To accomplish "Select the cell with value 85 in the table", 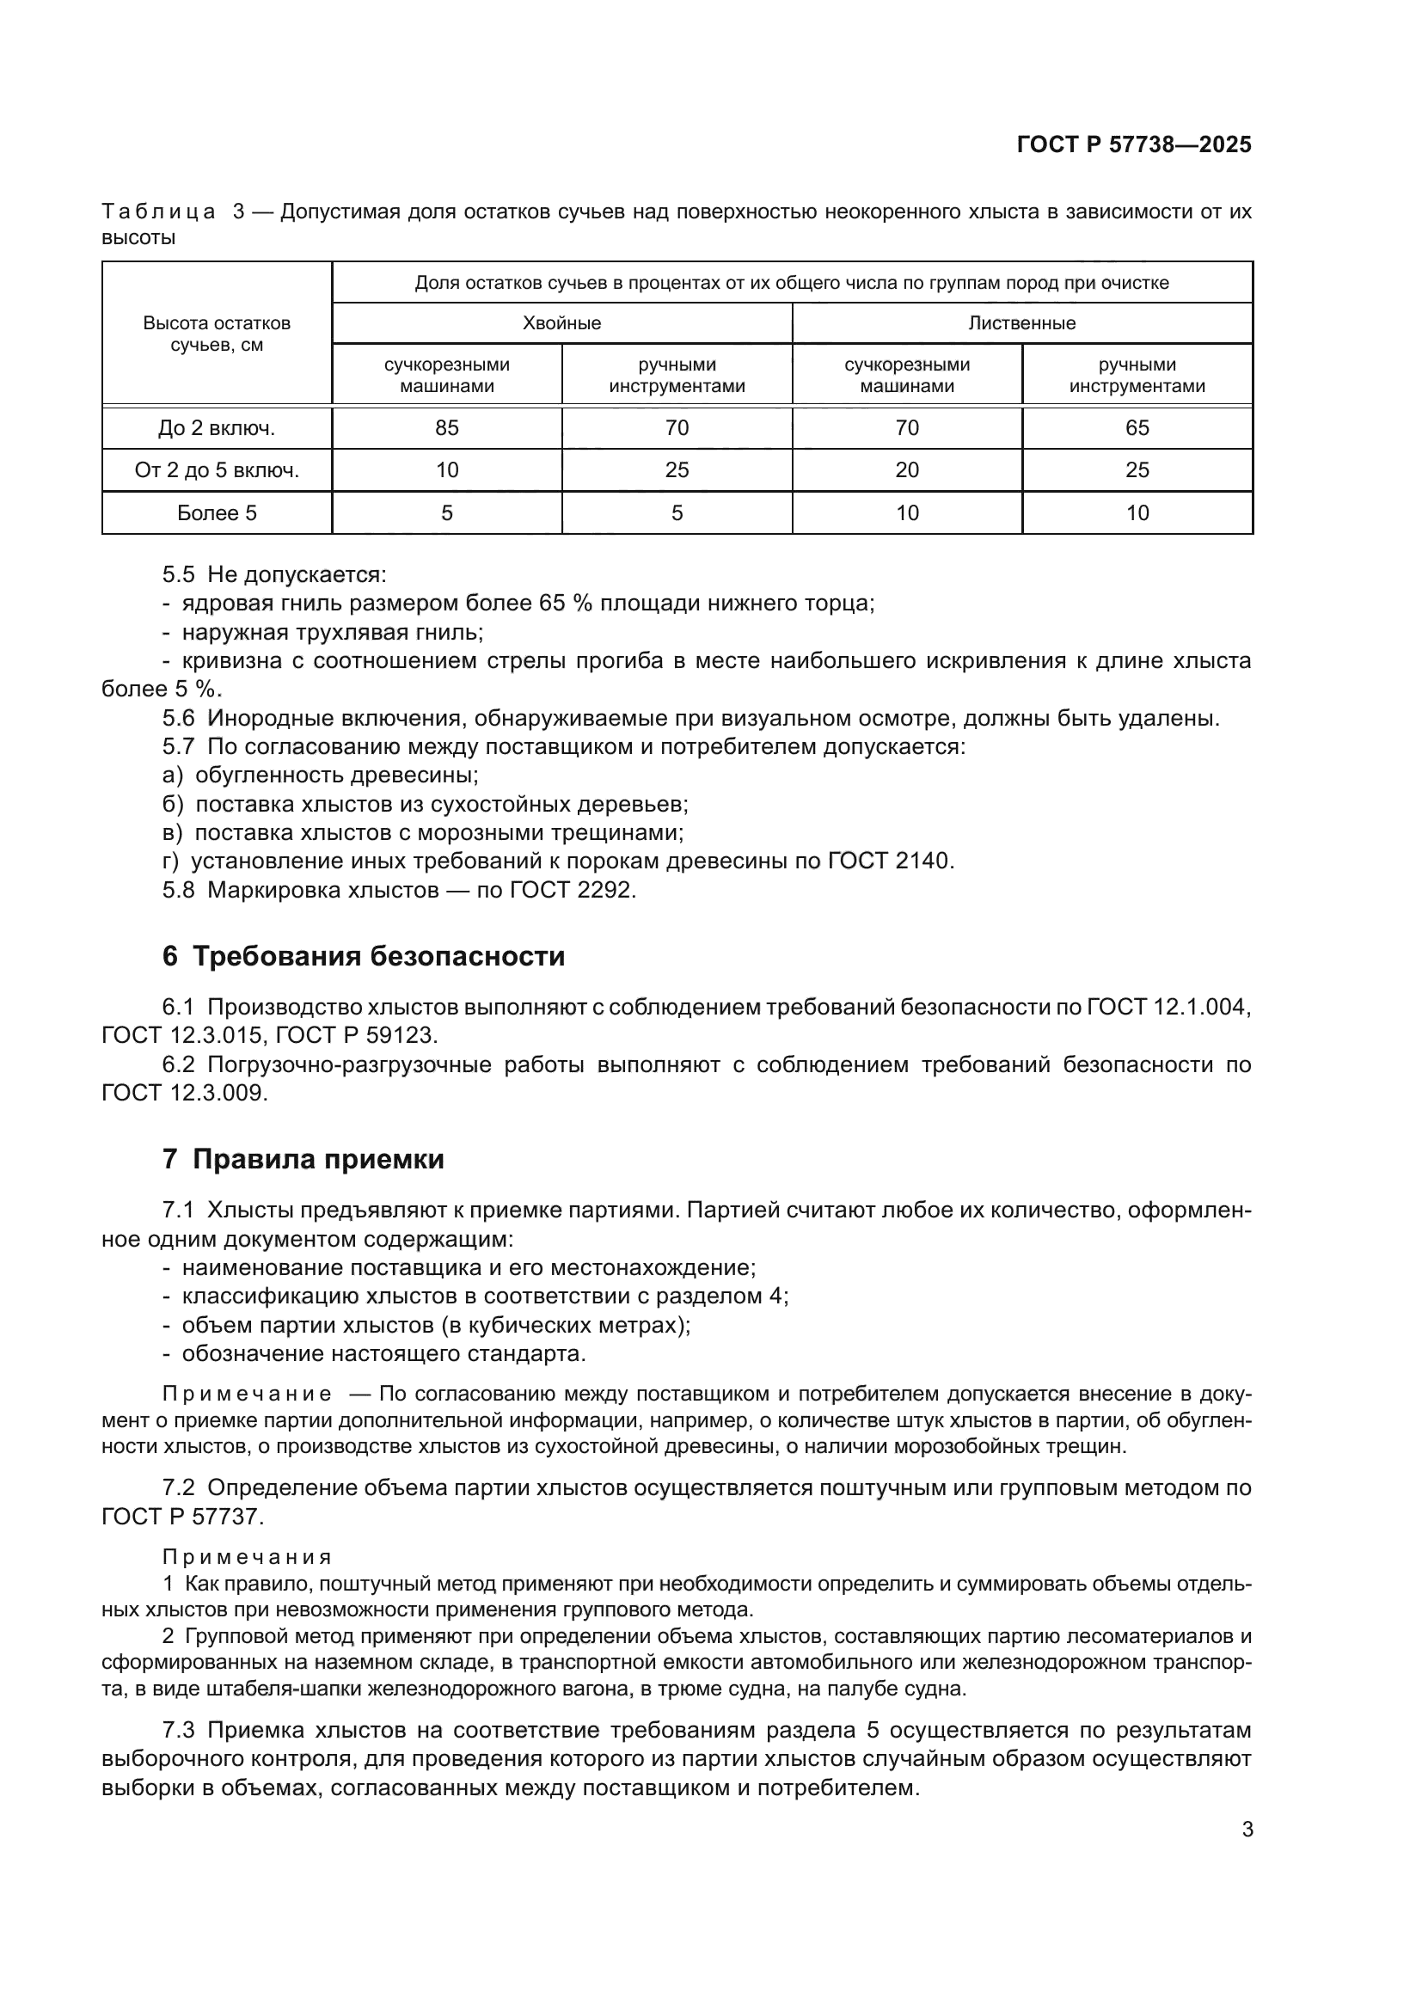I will (x=446, y=427).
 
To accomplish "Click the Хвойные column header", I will (x=561, y=323).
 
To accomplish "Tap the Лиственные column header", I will (x=1022, y=323).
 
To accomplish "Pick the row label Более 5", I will (x=217, y=513).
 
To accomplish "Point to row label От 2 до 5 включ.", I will (x=217, y=470).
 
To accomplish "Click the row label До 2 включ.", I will (x=217, y=428).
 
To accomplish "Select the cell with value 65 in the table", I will (x=1137, y=427).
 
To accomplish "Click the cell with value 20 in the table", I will (x=906, y=470).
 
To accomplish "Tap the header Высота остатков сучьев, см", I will (x=217, y=334).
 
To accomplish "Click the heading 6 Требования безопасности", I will (x=364, y=956).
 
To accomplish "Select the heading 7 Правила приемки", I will (x=303, y=1160).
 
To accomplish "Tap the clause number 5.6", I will (x=178, y=719).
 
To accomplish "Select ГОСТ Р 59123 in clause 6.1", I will (x=354, y=1035).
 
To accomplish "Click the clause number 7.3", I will (x=178, y=1731).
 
